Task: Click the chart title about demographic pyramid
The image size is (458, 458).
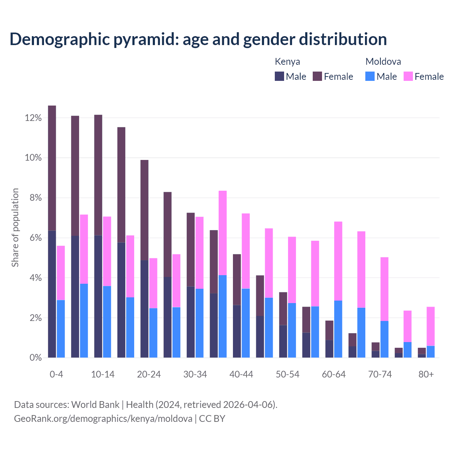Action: tap(198, 39)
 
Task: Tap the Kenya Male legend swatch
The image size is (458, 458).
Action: tap(279, 76)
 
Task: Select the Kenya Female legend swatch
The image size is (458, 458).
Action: tap(317, 76)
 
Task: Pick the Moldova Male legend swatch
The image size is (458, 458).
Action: tap(370, 76)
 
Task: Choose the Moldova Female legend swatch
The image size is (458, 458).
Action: tap(408, 76)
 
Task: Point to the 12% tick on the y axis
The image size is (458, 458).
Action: tap(33, 118)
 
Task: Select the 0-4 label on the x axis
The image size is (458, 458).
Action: tap(56, 374)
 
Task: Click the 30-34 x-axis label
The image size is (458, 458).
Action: tap(195, 374)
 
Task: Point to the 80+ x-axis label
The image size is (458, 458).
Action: tap(426, 374)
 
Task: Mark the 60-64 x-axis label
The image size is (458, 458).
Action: tap(334, 374)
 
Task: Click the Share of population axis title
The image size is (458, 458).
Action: tap(15, 228)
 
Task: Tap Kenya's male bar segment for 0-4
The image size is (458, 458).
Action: tap(52, 294)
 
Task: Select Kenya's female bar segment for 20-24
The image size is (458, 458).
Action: tap(144, 210)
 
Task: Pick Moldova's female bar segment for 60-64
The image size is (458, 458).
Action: tap(338, 261)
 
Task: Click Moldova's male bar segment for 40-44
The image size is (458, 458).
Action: tap(246, 323)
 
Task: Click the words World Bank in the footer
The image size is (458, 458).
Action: tap(95, 405)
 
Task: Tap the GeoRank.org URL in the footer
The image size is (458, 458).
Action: tap(103, 418)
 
